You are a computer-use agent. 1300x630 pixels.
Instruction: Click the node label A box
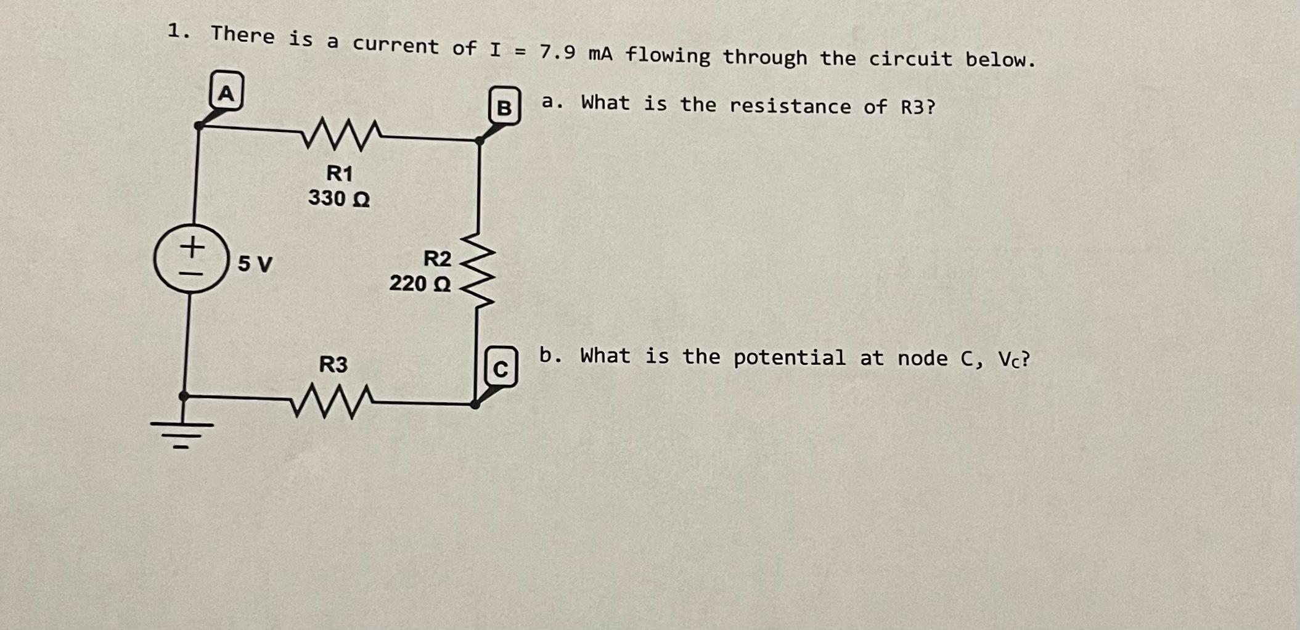point(227,91)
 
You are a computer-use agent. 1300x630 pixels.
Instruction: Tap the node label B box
point(504,106)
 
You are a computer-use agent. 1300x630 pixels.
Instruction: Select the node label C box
point(501,367)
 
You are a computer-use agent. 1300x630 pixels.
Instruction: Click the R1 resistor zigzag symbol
point(342,134)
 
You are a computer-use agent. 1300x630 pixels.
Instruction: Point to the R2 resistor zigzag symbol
point(478,270)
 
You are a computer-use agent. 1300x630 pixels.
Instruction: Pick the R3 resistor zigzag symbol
point(331,401)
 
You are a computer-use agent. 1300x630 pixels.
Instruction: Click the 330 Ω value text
point(339,198)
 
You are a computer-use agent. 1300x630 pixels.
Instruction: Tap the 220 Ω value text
point(420,284)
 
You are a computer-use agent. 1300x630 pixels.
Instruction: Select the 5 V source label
point(255,264)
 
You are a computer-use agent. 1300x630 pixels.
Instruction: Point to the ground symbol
point(182,432)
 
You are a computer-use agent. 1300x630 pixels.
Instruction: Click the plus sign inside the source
point(193,247)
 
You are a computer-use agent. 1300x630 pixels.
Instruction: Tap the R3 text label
point(333,364)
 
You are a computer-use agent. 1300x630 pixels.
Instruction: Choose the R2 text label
point(437,259)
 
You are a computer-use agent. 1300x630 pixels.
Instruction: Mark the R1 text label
point(340,173)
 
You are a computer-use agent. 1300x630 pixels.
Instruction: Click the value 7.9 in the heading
point(557,52)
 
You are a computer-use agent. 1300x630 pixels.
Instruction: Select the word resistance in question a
point(790,106)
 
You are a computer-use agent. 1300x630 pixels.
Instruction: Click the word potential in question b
point(789,358)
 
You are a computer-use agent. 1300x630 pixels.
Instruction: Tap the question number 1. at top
point(178,31)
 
